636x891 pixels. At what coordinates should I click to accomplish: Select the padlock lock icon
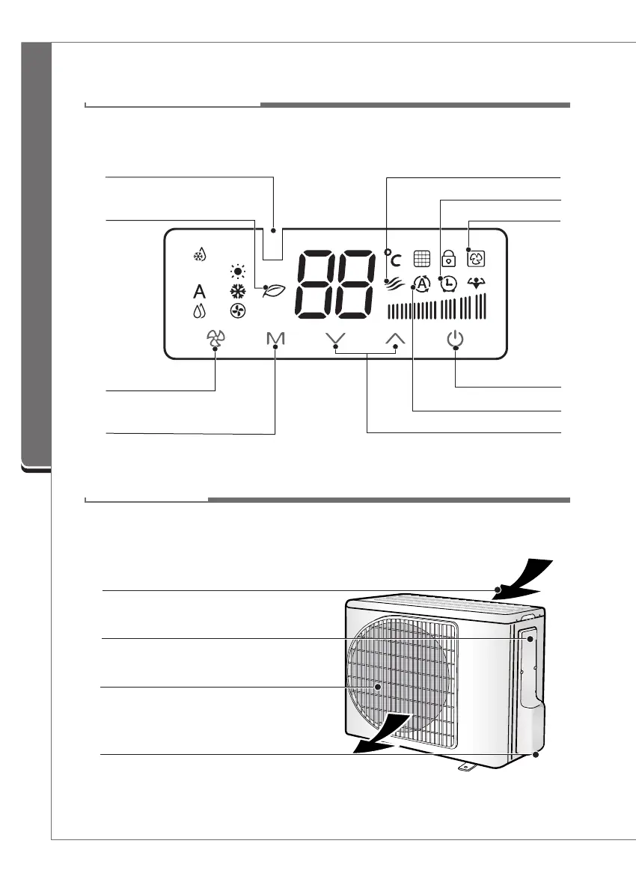(448, 259)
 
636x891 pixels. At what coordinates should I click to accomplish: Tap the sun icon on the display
(238, 272)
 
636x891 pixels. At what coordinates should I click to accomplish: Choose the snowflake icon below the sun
(238, 292)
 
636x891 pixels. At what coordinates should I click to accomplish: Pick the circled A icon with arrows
(421, 284)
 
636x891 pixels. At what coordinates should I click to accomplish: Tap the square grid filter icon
(421, 259)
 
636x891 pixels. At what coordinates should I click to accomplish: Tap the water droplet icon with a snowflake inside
(199, 254)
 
